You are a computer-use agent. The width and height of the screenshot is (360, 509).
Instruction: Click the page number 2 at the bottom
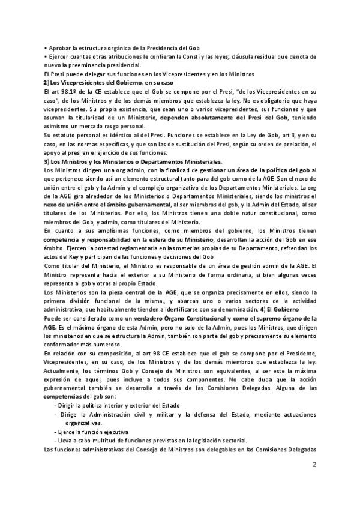tap(314, 481)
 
